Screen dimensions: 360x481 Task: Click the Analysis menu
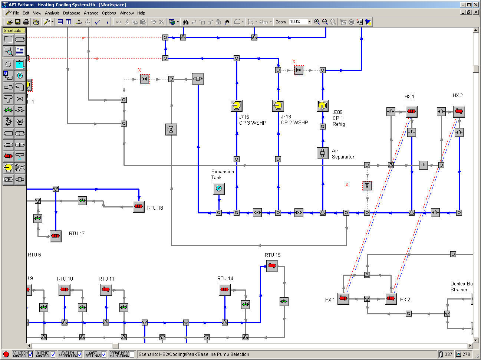[x=52, y=13]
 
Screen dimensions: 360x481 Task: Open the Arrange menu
[x=91, y=13]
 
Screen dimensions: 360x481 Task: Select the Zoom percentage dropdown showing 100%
[x=300, y=22]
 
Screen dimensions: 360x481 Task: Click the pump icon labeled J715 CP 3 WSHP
[x=236, y=106]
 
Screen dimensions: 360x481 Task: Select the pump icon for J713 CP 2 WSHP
[x=278, y=106]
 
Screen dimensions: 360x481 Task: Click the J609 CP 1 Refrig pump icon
[x=322, y=106]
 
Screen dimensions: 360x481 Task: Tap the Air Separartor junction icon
[x=322, y=153]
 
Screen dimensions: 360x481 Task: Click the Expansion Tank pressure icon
[x=218, y=189]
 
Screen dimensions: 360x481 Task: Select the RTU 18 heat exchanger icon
[x=138, y=207]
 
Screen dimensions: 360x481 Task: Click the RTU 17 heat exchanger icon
[x=55, y=236]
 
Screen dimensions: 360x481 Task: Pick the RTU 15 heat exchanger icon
[x=272, y=266]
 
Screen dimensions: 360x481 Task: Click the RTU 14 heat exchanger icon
[x=224, y=289]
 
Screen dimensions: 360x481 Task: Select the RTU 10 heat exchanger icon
[x=64, y=289]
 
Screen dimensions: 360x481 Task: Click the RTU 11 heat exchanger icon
[x=106, y=289]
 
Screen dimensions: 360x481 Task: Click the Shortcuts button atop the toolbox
[x=14, y=30]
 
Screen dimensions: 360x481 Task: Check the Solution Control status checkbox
[x=30, y=354]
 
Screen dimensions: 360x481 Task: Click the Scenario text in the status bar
[x=194, y=354]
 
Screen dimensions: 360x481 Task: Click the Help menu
[x=141, y=13]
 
